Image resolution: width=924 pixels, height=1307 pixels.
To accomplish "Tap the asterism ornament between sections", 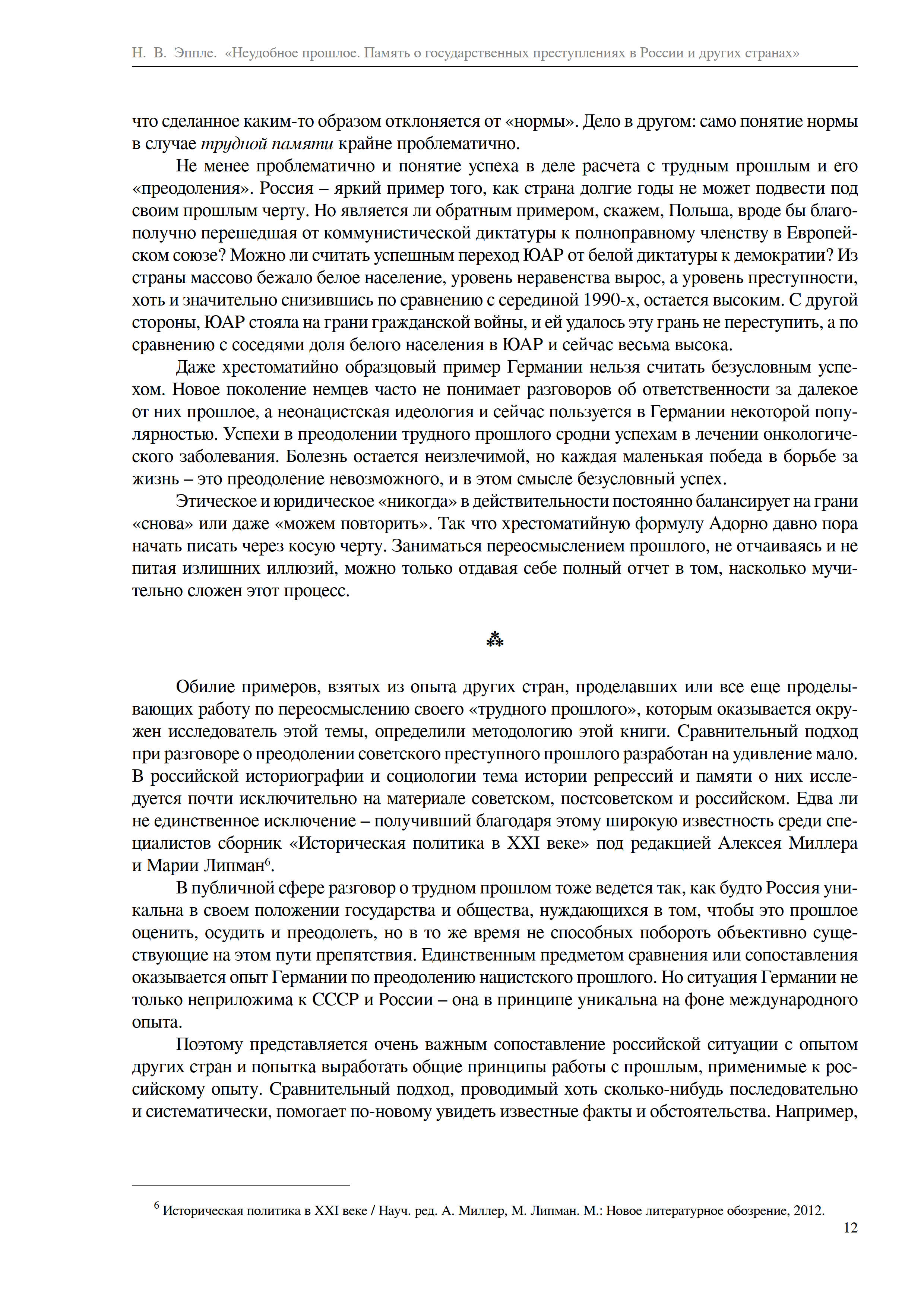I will coord(495,640).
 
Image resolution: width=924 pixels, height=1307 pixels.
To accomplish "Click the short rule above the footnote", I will coord(240,1185).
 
